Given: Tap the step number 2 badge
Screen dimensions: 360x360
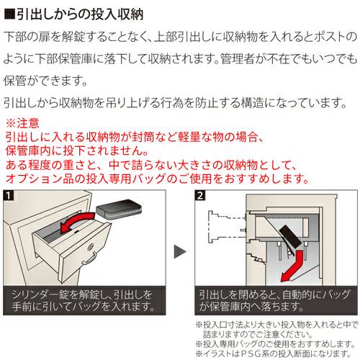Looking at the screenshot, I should click(x=202, y=195).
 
